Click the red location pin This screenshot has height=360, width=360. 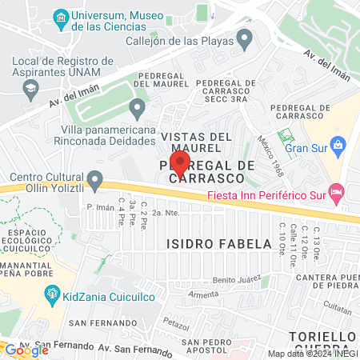(180, 163)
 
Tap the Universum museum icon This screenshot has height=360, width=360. (61, 17)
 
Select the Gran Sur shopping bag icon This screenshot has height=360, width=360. (338, 146)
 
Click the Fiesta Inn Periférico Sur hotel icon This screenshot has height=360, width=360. (337, 191)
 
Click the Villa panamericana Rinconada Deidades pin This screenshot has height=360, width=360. (138, 106)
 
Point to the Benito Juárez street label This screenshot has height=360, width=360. (236, 280)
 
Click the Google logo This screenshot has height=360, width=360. (27, 350)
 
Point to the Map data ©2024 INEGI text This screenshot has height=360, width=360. (311, 354)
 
